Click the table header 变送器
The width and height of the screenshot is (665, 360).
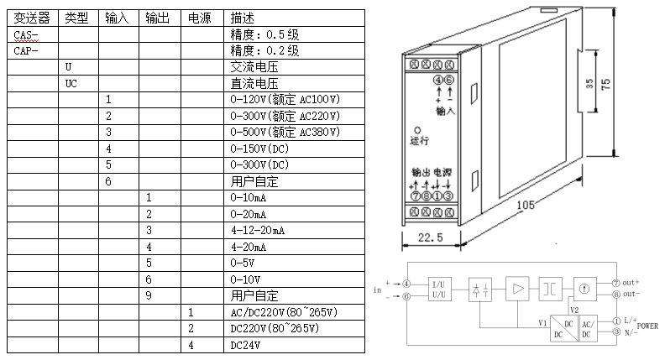tap(31, 18)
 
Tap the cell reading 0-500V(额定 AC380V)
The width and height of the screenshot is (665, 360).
tap(285, 133)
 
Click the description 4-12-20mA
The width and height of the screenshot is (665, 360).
tap(258, 230)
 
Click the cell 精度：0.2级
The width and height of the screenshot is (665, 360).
tap(264, 50)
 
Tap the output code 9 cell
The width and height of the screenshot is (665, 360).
tap(148, 295)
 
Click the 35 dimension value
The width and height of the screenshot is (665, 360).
tap(589, 84)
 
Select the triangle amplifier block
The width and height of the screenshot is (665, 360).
tap(516, 289)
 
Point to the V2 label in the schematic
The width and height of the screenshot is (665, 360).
tap(574, 310)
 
